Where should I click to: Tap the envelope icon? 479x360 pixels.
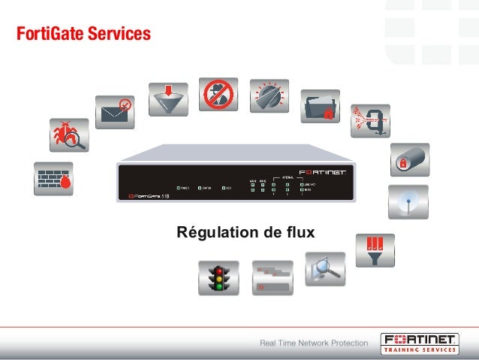click(114, 112)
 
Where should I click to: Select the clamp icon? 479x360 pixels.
click(371, 120)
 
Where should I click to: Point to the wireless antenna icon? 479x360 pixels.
click(408, 203)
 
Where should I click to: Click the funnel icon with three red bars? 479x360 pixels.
click(375, 250)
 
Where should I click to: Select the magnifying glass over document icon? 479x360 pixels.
click(325, 269)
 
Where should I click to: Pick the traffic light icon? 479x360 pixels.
click(219, 278)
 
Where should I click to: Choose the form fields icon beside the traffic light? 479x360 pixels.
click(272, 278)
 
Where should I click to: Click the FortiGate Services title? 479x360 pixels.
click(83, 34)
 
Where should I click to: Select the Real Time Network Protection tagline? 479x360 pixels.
click(314, 343)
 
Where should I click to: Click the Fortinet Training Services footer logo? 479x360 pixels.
click(418, 343)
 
